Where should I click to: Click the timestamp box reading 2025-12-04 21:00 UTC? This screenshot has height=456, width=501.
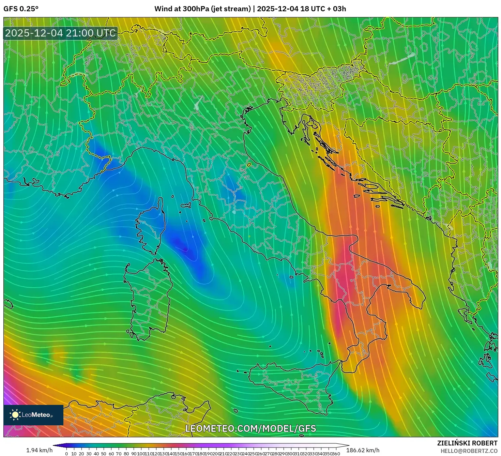(x=60, y=33)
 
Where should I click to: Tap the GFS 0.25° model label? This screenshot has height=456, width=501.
(x=21, y=9)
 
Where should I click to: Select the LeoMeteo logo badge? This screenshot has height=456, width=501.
(x=33, y=415)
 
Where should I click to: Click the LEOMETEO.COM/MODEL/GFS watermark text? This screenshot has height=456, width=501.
(x=250, y=428)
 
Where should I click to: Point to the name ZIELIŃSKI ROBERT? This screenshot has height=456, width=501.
(x=467, y=443)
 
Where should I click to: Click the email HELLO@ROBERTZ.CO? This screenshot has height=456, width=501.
(x=469, y=451)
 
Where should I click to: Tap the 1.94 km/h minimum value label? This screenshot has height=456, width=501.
(x=39, y=451)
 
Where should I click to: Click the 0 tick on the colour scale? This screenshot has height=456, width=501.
(x=66, y=454)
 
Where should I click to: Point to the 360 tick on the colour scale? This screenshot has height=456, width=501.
(x=336, y=454)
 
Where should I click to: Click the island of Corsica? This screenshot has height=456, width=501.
(x=151, y=227)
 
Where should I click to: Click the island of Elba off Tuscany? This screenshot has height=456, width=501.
(x=186, y=206)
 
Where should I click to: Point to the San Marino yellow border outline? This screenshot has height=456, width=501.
(x=249, y=165)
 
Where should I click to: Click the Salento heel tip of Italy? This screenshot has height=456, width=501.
(x=420, y=304)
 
